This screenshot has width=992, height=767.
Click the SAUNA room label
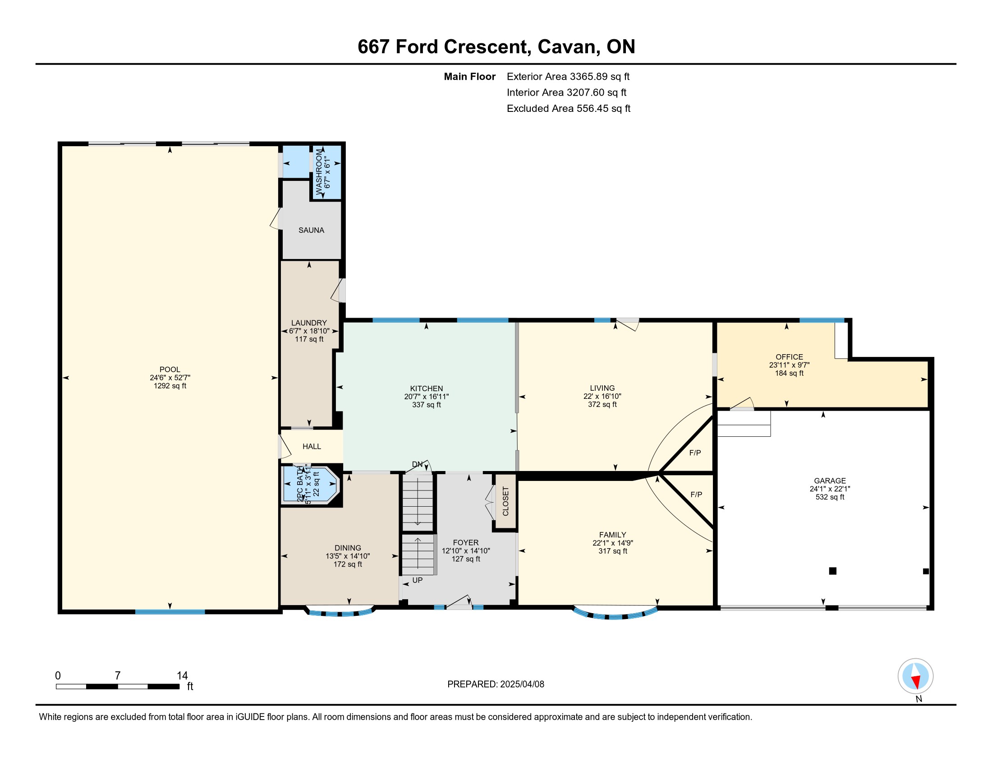point(311,231)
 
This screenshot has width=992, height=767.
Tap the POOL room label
point(170,370)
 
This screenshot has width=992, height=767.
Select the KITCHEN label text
point(426,388)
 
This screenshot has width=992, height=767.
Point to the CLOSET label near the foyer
point(505,501)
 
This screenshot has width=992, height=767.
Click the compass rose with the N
point(915,676)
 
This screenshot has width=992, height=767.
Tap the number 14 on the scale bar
point(182,676)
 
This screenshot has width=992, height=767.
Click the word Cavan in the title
point(566,47)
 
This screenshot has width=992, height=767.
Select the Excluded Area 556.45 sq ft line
point(568,109)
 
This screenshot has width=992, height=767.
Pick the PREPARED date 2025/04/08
point(522,684)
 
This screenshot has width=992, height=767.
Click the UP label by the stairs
point(418,580)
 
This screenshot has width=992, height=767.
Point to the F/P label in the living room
point(695,453)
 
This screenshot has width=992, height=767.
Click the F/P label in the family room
point(696,495)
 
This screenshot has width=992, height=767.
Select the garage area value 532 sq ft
point(830,497)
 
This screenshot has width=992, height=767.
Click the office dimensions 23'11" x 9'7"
point(790,365)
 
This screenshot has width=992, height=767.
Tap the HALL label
point(312,447)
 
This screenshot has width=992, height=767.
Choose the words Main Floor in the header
point(470,77)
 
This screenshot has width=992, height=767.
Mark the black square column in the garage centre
point(832,571)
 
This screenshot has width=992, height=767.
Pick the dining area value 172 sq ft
point(348,564)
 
